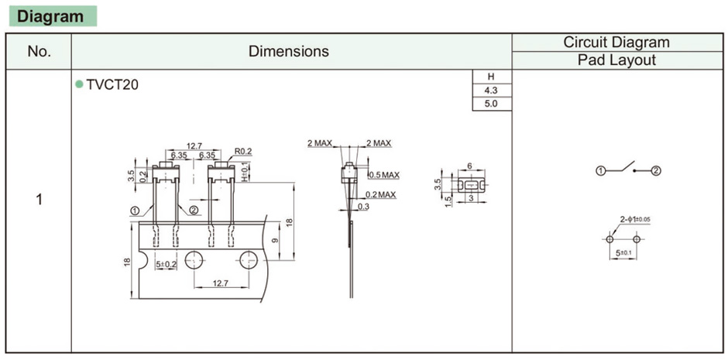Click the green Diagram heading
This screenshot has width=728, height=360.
click(50, 16)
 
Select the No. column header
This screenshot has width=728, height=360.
click(39, 52)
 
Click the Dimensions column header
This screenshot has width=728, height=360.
click(289, 52)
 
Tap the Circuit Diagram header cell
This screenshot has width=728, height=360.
click(616, 43)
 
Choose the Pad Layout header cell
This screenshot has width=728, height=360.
click(616, 60)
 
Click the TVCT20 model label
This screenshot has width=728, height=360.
click(112, 85)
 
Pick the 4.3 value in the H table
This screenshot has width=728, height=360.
click(491, 90)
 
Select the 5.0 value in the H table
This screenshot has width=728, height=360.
click(491, 103)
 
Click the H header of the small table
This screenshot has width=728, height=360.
click(491, 77)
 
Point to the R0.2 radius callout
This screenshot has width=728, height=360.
click(244, 151)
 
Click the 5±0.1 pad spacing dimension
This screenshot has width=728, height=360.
click(623, 253)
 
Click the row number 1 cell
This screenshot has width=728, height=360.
click(39, 199)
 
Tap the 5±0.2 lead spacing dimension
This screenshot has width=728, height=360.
click(167, 264)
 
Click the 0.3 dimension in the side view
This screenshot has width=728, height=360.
click(363, 207)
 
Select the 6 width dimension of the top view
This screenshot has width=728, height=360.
click(469, 166)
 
